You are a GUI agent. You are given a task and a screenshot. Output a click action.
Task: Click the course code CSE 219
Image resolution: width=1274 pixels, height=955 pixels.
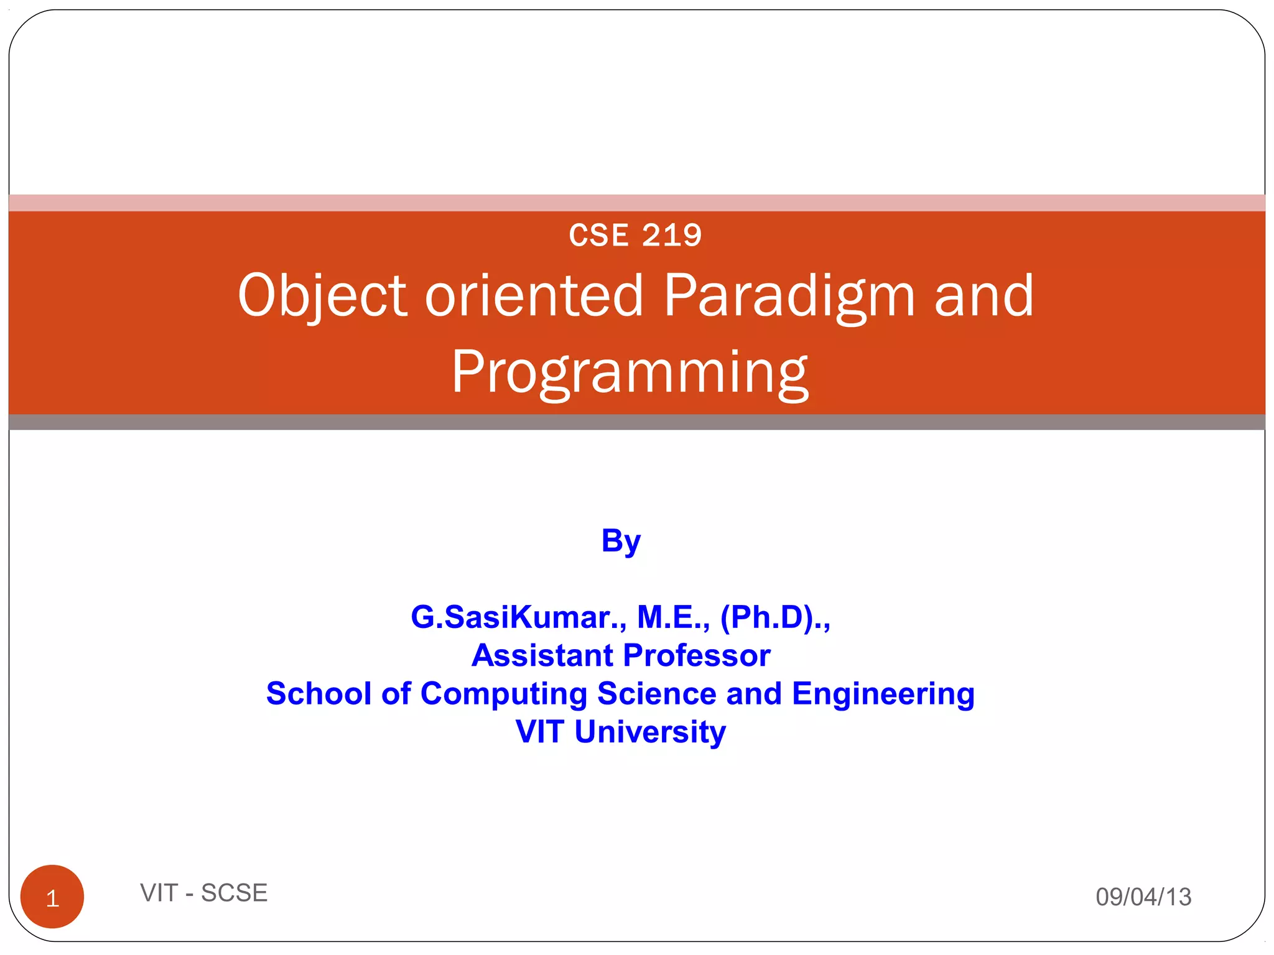coord(635,236)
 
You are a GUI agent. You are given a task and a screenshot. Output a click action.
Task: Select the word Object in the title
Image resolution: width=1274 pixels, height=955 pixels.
coord(322,295)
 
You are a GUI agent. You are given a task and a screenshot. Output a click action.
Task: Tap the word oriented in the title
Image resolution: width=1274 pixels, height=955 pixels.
coord(533,295)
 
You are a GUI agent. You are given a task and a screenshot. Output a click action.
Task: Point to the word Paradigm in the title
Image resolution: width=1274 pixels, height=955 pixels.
coord(789,295)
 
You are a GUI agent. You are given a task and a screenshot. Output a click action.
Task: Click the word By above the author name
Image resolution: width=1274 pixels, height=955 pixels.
coord(620,540)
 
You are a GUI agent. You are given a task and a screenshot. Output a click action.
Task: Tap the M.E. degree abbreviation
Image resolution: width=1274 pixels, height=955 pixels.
coord(673,617)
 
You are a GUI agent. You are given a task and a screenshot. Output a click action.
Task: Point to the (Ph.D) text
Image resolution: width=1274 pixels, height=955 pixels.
coord(766,617)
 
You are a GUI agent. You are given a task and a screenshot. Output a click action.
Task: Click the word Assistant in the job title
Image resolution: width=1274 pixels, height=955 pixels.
coord(542,655)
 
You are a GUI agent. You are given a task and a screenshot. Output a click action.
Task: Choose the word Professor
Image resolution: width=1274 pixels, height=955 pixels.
coord(697,655)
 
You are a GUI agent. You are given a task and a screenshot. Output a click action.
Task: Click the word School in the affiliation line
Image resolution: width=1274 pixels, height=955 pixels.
coord(318,693)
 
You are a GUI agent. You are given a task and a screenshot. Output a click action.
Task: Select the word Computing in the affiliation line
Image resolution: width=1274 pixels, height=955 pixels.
coord(503,693)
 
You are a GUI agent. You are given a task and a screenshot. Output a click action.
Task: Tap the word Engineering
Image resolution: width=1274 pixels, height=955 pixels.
coord(883,693)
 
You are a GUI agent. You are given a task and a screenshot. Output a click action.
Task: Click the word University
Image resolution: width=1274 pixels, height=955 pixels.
coord(649,731)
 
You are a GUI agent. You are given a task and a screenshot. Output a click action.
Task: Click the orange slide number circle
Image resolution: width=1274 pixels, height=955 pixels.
coord(52,896)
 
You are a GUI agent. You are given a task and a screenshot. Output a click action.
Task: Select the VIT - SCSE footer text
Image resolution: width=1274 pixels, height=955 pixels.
coord(203,893)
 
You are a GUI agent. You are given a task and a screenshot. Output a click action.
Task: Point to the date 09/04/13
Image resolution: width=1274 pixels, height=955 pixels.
coord(1143,897)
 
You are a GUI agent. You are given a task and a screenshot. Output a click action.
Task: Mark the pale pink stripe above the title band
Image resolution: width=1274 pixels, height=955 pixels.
coord(636,203)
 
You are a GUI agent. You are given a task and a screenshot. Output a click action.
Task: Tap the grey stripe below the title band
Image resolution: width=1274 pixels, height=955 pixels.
coord(636,422)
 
